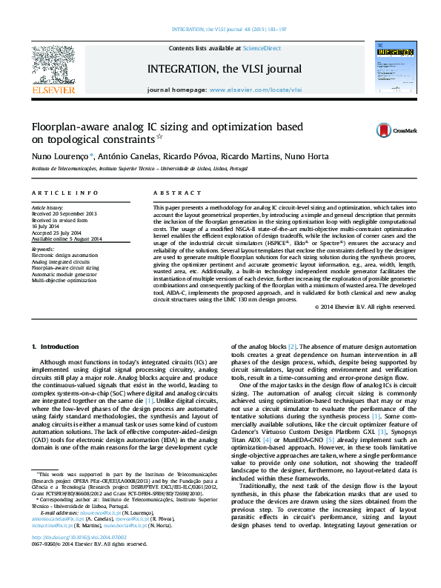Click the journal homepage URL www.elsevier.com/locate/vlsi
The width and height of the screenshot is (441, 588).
[x=245, y=89]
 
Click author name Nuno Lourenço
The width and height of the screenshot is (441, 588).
[x=62, y=157]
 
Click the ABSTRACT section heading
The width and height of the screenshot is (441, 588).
[x=171, y=193]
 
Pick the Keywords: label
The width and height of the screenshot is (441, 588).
[x=43, y=250]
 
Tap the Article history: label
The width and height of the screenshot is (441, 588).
[x=47, y=209]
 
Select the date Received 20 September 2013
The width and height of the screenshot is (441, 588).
[x=64, y=214]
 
